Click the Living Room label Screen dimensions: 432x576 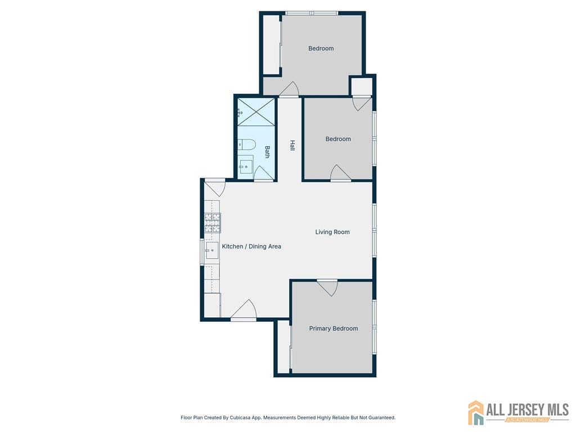[332, 232]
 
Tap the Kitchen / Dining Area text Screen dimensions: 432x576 [251, 246]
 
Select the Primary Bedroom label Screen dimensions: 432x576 [333, 328]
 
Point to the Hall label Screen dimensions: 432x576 [292, 145]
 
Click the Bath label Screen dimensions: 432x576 [268, 152]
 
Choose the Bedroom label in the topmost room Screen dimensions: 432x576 [321, 48]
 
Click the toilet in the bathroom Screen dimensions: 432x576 [247, 145]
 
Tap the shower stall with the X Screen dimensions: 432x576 [256, 111]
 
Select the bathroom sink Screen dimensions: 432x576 [246, 166]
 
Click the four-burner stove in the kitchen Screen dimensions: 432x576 [212, 223]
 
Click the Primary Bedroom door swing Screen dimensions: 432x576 [327, 287]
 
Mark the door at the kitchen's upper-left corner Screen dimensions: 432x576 [215, 187]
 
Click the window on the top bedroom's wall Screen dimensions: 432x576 [311, 13]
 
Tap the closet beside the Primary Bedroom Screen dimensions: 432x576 [283, 347]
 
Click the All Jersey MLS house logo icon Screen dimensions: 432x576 [476, 412]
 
